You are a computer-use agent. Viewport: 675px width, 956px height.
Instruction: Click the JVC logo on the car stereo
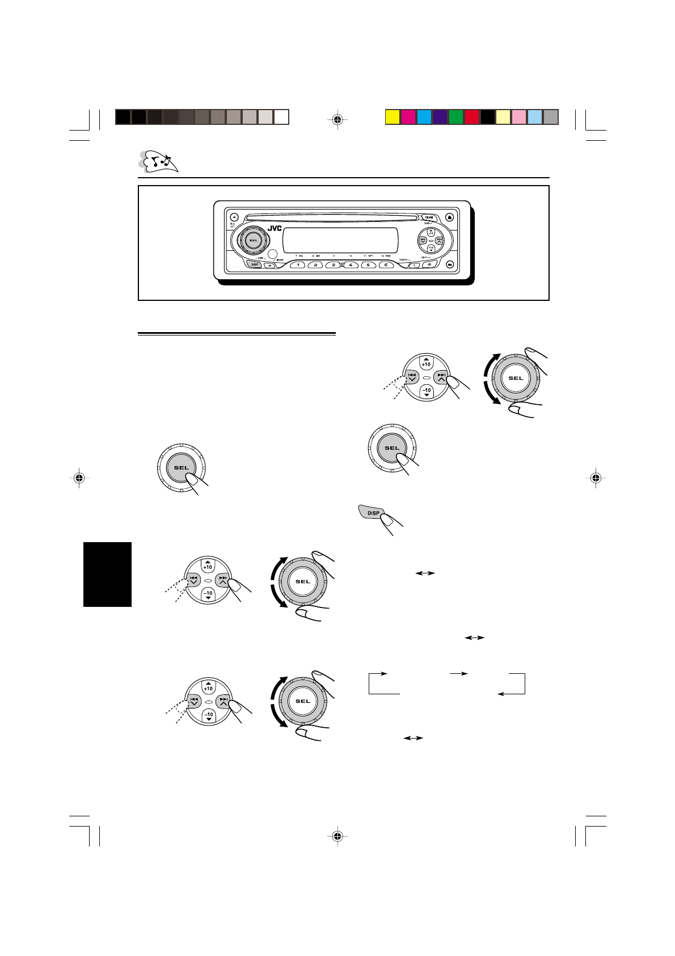pyautogui.click(x=275, y=229)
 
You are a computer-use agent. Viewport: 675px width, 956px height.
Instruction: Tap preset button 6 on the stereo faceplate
pyautogui.click(x=386, y=265)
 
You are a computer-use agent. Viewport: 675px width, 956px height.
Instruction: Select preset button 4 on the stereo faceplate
pyautogui.click(x=351, y=265)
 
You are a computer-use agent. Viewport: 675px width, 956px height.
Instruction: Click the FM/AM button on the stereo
pyautogui.click(x=429, y=217)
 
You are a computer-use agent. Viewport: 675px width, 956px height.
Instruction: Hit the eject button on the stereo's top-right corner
pyautogui.click(x=450, y=216)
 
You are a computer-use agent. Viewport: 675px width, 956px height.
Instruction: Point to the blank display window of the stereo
pyautogui.click(x=340, y=241)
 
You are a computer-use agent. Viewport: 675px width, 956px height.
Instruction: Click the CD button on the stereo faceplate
pyautogui.click(x=429, y=265)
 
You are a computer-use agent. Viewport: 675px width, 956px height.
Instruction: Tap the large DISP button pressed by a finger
pyautogui.click(x=372, y=513)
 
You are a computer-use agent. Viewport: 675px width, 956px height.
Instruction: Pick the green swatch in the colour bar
pyautogui.click(x=456, y=117)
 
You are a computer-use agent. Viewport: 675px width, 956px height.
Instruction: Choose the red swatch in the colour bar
pyautogui.click(x=472, y=117)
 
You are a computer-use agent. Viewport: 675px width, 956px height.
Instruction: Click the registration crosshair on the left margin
pyautogui.click(x=79, y=478)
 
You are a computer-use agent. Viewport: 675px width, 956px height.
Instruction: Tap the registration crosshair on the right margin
pyautogui.click(x=595, y=478)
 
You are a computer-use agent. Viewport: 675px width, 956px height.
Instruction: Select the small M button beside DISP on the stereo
pyautogui.click(x=270, y=266)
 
